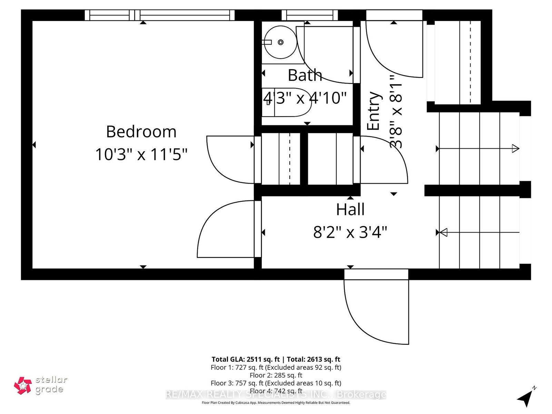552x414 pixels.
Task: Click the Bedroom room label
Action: [x=141, y=132]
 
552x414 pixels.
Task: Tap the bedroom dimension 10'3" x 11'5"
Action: [x=141, y=154]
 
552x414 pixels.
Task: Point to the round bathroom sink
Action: [x=280, y=42]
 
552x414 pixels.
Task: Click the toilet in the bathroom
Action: [x=286, y=102]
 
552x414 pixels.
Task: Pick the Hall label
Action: [x=350, y=209]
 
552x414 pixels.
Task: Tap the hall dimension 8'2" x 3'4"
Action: [x=350, y=232]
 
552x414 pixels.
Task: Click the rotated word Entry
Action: [x=373, y=111]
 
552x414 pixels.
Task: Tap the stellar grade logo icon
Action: [x=23, y=385]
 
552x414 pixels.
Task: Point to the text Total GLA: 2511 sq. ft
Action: [x=245, y=359]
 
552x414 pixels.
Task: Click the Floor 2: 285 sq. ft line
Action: [x=276, y=375]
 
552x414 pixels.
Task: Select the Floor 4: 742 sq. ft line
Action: [x=276, y=391]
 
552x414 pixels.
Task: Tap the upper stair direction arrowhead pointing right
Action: [x=515, y=149]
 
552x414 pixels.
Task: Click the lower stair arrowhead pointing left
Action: [x=444, y=232]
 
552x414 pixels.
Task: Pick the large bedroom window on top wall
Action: [x=160, y=15]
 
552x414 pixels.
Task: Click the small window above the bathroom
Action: [x=309, y=15]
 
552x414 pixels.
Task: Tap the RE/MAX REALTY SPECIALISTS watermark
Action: [x=276, y=395]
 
